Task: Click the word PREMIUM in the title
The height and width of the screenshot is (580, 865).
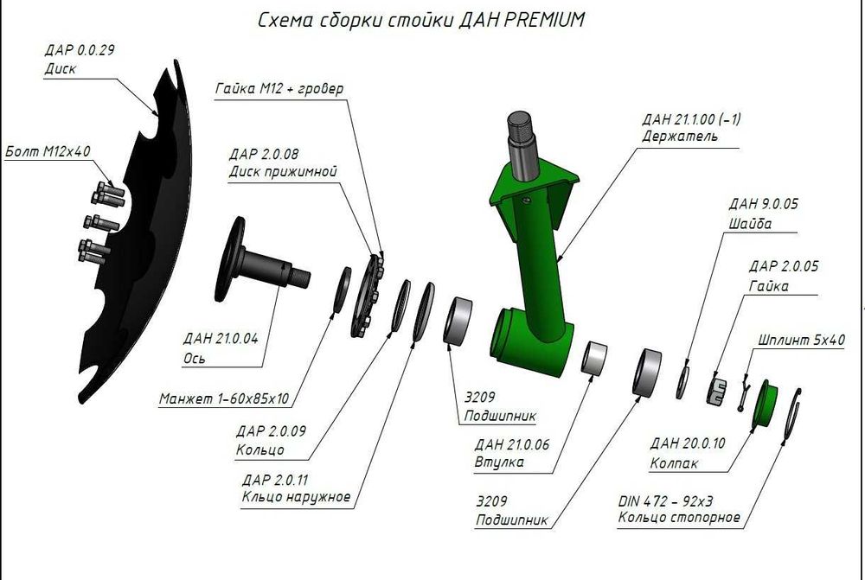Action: (539, 20)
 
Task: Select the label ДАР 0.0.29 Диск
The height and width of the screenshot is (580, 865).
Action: (78, 60)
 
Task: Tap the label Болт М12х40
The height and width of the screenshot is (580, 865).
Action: (48, 151)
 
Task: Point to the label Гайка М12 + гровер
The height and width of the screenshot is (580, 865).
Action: (279, 89)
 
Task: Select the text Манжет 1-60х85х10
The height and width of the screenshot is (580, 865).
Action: (224, 399)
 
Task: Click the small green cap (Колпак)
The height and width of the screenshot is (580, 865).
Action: (764, 403)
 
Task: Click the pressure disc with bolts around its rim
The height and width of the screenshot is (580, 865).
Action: (367, 295)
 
